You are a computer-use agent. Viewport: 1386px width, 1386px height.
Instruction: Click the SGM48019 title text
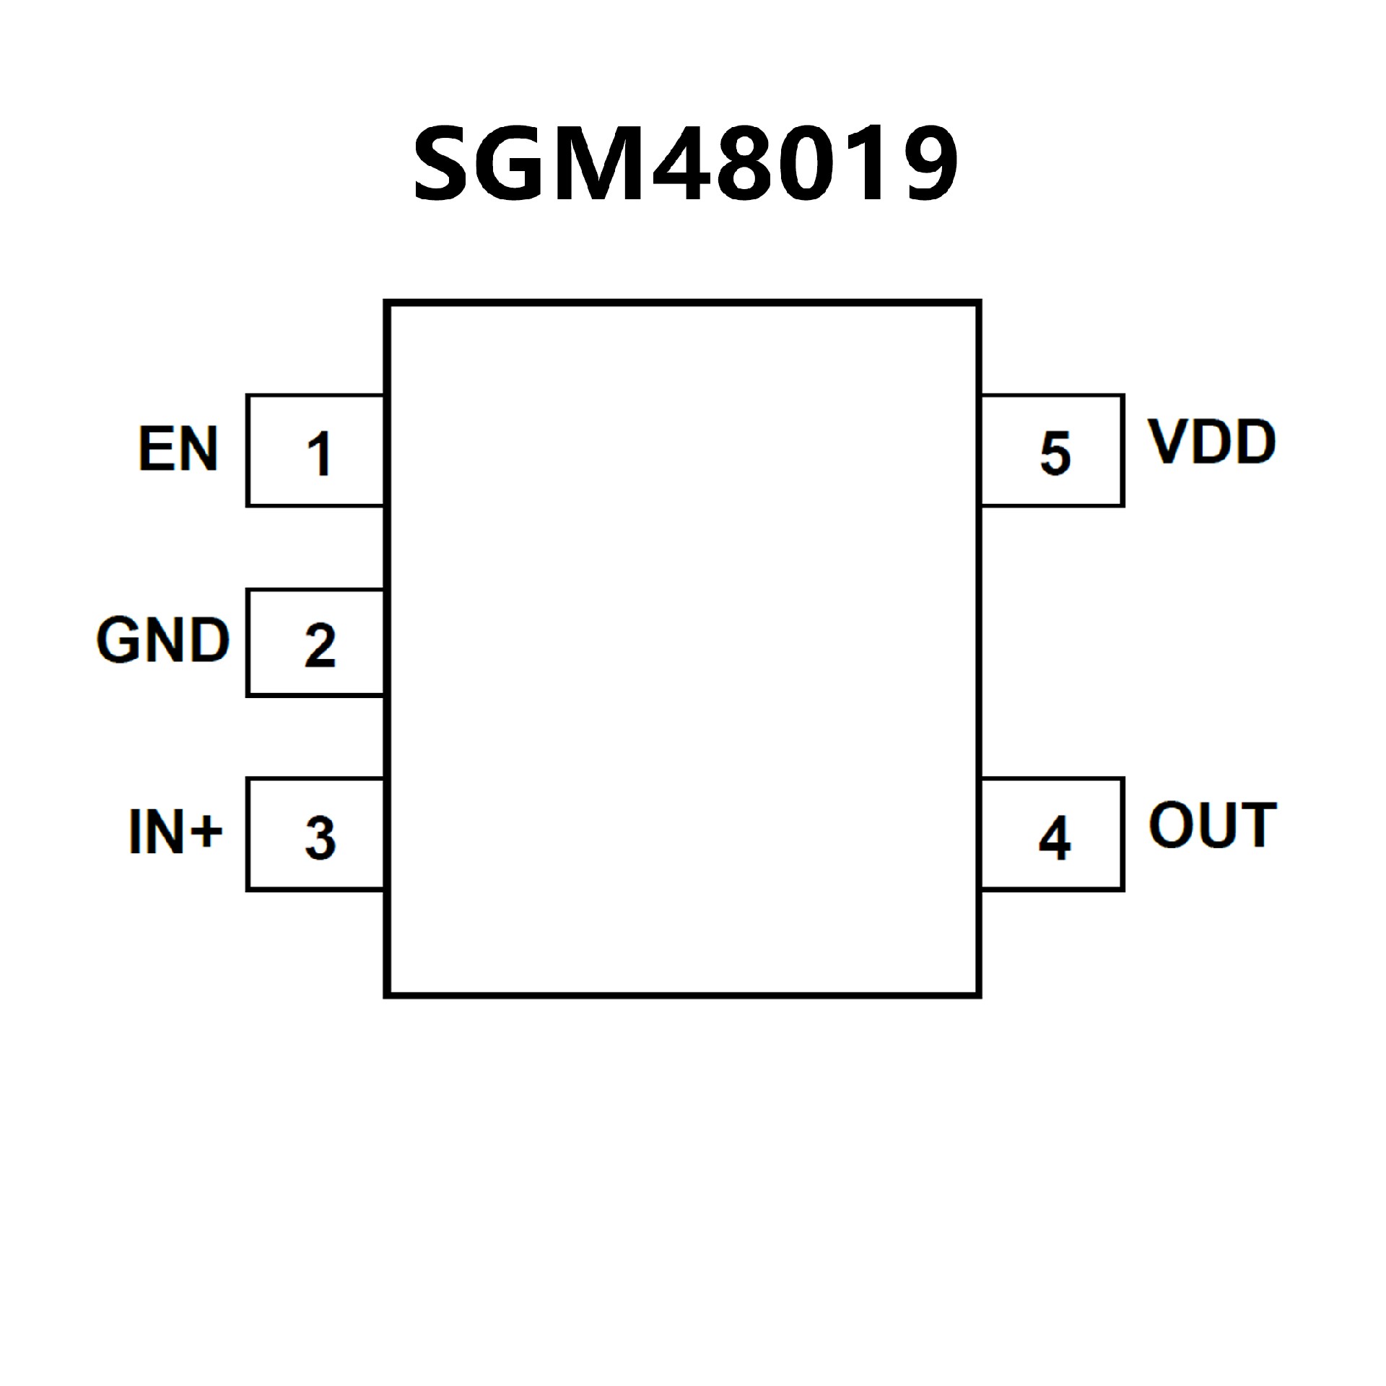click(684, 164)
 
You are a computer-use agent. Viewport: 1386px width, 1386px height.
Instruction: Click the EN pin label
click(178, 449)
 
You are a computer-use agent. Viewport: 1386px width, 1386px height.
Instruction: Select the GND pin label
click(163, 640)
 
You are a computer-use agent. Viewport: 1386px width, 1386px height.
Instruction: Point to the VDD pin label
click(1212, 442)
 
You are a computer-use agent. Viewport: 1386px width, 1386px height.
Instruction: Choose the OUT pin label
click(1212, 825)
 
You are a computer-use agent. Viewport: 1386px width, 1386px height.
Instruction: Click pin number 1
click(318, 454)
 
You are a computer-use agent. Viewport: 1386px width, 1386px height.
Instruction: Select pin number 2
click(320, 645)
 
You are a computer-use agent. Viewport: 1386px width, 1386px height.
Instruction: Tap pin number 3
click(320, 837)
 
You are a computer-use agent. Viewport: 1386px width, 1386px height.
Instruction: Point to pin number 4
click(1054, 838)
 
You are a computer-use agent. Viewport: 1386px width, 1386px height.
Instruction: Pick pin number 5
click(1055, 454)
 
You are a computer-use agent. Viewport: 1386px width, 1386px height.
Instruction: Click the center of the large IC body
click(683, 649)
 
